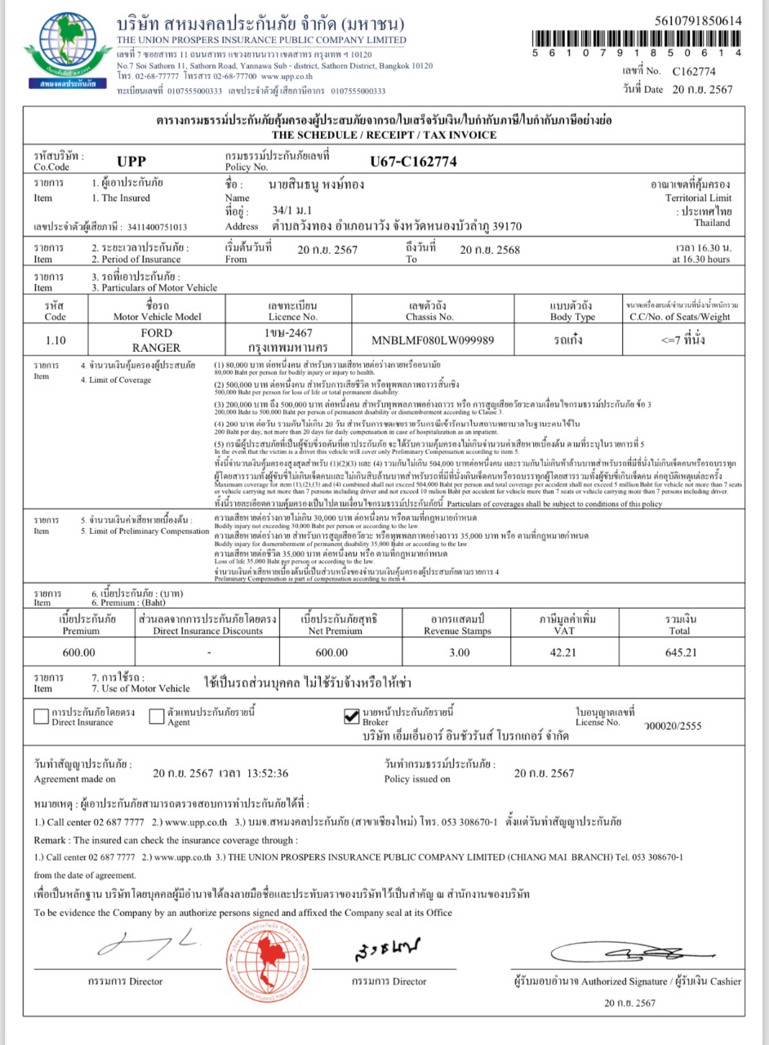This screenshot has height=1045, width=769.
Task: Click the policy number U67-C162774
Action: pyautogui.click(x=413, y=162)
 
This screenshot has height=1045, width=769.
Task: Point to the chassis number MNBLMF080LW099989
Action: pyautogui.click(x=432, y=340)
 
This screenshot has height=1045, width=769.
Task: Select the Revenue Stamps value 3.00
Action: pyautogui.click(x=460, y=652)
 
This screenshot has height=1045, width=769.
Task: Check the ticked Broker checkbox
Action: pyautogui.click(x=352, y=717)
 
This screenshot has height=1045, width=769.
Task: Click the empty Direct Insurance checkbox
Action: pyautogui.click(x=41, y=717)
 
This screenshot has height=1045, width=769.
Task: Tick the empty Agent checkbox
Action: pyautogui.click(x=157, y=717)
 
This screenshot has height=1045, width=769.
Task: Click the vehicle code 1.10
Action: pyautogui.click(x=56, y=340)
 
